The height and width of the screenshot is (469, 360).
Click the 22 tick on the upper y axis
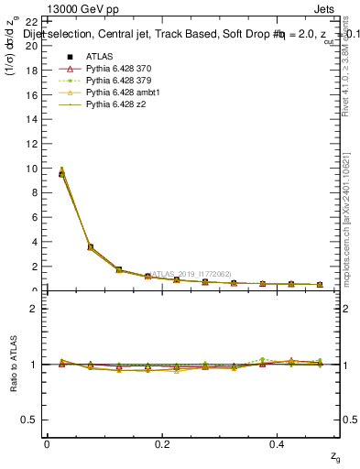(32, 22)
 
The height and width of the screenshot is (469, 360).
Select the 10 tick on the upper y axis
(32, 169)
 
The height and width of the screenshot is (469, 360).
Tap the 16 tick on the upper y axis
(32, 95)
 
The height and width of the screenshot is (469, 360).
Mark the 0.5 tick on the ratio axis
(32, 420)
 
